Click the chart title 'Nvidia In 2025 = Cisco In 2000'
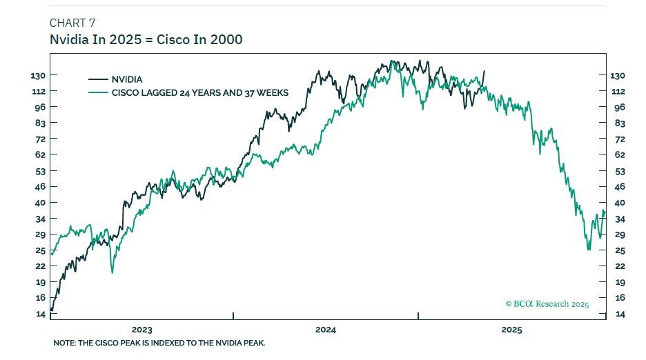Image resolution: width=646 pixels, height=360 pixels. [x=146, y=39]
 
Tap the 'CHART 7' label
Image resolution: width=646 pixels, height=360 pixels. [x=72, y=23]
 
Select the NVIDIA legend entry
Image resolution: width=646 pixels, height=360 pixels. [x=126, y=79]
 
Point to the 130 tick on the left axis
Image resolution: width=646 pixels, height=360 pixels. [x=38, y=75]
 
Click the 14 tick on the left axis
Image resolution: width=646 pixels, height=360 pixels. [x=41, y=314]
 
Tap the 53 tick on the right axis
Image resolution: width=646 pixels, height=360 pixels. [x=619, y=171]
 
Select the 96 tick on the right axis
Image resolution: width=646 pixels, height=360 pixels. [x=619, y=107]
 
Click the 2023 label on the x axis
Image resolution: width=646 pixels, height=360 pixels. [x=141, y=330]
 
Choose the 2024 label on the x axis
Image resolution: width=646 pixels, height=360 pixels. [x=326, y=330]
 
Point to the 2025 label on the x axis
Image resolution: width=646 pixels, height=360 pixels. [x=511, y=330]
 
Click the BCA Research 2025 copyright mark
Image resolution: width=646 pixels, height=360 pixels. [x=547, y=303]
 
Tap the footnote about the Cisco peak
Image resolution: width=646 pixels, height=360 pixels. [x=159, y=343]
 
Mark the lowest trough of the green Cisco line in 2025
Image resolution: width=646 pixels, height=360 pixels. [x=588, y=249]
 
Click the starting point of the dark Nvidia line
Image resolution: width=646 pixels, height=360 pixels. [x=52, y=310]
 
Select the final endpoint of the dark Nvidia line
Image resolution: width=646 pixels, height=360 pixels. [x=484, y=71]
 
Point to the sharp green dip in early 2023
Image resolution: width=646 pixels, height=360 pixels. [x=112, y=272]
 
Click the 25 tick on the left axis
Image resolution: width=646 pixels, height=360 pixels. [x=41, y=250]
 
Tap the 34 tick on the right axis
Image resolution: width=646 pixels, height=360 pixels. [x=619, y=219]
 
